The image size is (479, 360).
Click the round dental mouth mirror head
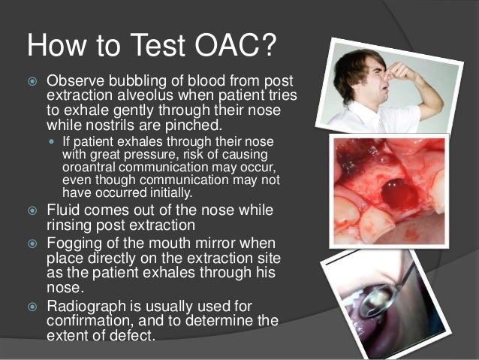pyautogui.click(x=371, y=304)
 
